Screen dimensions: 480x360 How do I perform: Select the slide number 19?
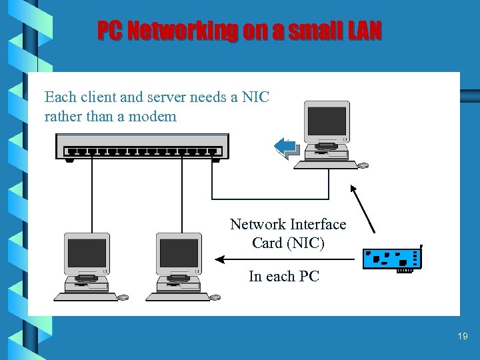tap(463, 337)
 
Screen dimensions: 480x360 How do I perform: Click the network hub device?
tap(142, 146)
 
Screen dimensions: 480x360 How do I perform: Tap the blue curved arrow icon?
tap(287, 147)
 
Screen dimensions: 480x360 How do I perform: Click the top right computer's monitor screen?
tap(327, 121)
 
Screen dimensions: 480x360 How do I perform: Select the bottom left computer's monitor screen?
tap(87, 253)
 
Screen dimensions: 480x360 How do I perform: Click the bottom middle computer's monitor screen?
tap(179, 253)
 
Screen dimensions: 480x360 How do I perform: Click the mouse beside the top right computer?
tap(363, 165)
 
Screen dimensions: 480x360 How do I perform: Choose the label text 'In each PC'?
tap(284, 276)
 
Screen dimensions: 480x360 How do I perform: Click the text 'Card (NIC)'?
tap(288, 243)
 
